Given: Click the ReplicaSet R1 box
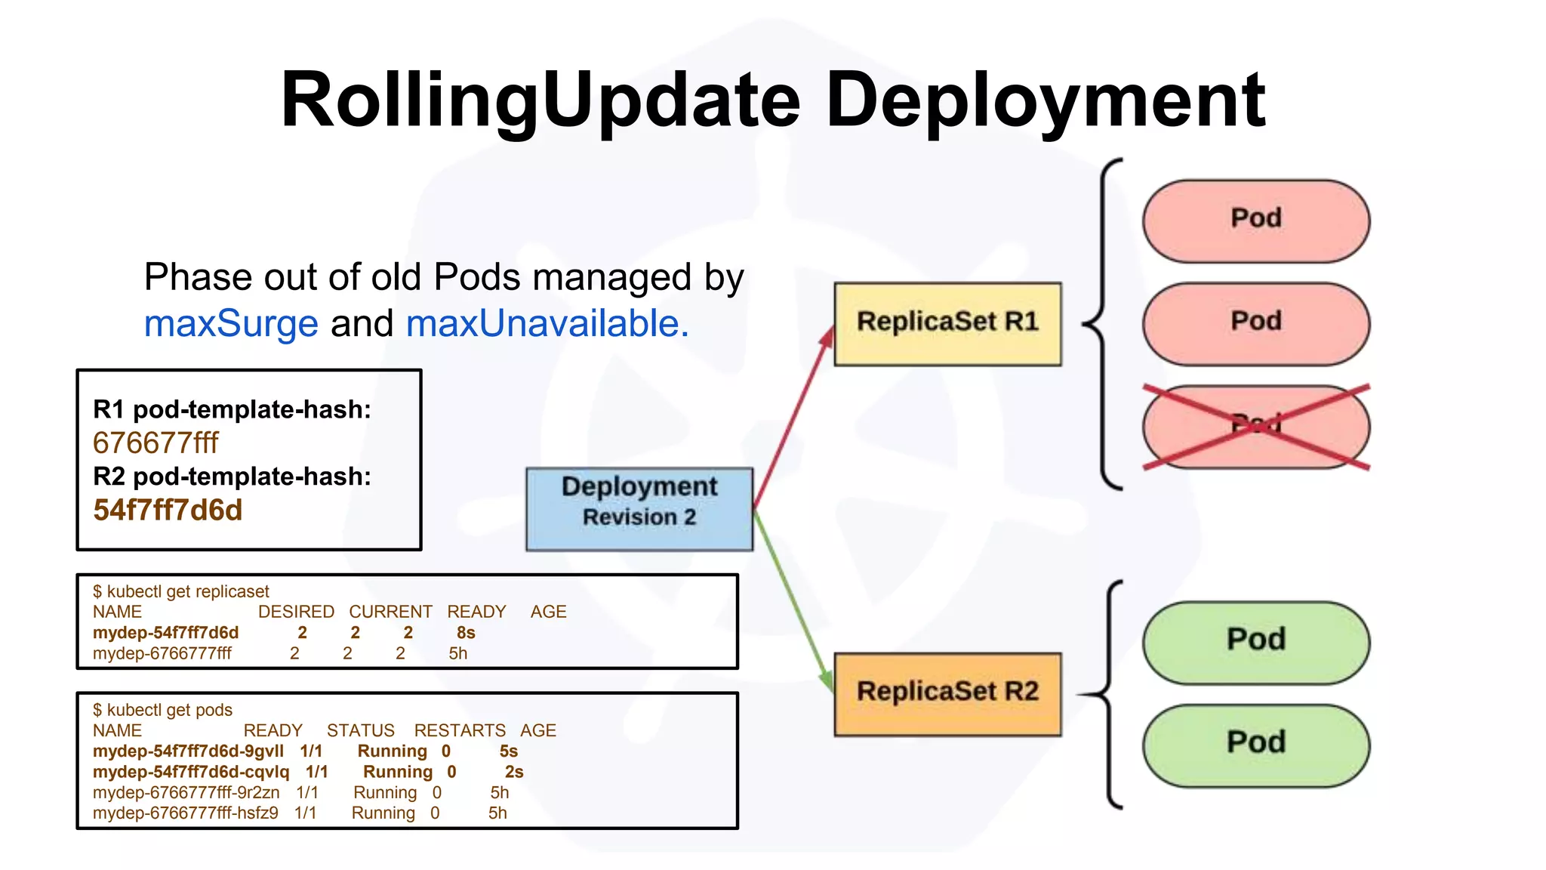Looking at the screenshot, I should point(947,324).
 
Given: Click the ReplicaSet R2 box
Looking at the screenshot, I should point(947,693).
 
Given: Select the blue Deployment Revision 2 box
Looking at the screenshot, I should point(639,508).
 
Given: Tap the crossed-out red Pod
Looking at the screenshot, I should point(1255,427).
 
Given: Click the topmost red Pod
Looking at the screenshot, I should point(1255,221).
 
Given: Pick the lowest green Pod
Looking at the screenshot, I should point(1255,745).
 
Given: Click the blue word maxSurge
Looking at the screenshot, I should point(231,324).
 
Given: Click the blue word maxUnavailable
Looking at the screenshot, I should point(547,324).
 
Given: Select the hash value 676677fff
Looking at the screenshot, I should point(156,443).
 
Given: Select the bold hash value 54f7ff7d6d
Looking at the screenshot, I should point(168,511).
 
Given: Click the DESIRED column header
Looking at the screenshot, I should point(296,612).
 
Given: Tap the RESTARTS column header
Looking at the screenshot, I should point(460,730).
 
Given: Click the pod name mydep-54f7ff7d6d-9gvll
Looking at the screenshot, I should point(188,751).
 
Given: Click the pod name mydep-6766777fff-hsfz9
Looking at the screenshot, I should point(185,813).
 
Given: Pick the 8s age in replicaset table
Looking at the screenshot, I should point(466,633).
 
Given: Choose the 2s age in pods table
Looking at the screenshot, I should point(514,772).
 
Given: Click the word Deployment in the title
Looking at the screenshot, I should point(1046,100).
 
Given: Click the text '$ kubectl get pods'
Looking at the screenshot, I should point(162,710).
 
